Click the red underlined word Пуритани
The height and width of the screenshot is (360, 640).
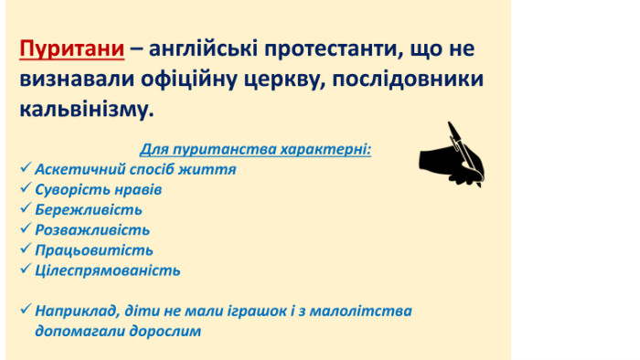click(72, 49)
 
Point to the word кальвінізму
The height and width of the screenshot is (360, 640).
click(87, 110)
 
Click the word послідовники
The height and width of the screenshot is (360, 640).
click(408, 79)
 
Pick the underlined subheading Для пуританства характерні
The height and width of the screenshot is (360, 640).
click(255, 149)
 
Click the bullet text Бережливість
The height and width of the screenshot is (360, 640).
click(89, 209)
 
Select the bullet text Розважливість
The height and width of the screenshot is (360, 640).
click(92, 230)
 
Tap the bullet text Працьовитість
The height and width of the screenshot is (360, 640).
click(94, 250)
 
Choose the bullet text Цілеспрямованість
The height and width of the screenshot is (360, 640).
click(108, 270)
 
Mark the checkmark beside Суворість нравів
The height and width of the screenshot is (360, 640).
click(26, 188)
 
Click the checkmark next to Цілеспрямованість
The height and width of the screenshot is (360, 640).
click(26, 269)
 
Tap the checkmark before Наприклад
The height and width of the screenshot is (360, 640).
click(26, 309)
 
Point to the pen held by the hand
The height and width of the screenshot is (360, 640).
click(464, 154)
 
